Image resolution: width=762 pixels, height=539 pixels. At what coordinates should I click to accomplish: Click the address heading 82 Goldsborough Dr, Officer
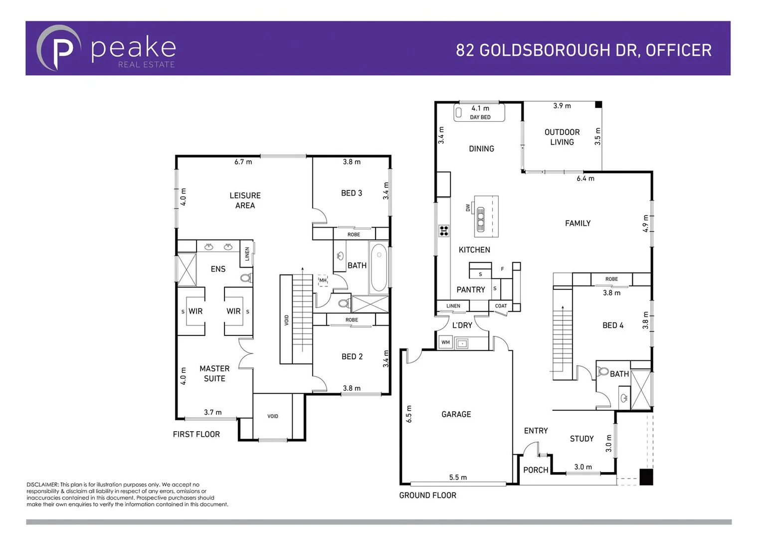point(583,50)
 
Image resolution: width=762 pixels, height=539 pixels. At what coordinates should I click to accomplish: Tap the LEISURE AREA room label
point(245,200)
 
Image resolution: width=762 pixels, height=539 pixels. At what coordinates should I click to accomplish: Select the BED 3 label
point(352,193)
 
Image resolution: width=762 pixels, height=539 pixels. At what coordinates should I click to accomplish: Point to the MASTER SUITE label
point(214,373)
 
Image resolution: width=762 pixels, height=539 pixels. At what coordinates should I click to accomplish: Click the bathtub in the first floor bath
point(379,267)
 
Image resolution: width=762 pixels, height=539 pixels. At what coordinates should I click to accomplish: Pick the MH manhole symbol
point(323,280)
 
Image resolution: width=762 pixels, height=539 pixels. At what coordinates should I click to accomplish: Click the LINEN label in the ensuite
point(247,254)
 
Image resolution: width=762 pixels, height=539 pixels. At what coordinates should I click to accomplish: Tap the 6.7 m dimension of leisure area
point(243,162)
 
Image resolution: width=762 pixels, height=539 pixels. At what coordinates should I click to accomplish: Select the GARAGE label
point(456,414)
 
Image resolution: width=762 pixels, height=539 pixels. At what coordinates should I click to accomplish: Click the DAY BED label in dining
point(480,117)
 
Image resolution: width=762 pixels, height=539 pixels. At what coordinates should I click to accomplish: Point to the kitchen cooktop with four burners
point(444,231)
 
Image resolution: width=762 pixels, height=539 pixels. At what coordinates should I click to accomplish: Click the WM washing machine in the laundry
point(445,342)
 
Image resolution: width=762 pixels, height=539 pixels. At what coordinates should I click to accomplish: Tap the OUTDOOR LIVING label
point(562,137)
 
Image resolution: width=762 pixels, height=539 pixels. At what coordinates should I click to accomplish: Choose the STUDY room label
point(581,439)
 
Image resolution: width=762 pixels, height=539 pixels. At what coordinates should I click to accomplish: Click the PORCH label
point(536,470)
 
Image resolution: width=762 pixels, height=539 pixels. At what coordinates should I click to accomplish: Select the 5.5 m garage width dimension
point(458,478)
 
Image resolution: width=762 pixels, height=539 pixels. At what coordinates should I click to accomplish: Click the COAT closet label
point(501,306)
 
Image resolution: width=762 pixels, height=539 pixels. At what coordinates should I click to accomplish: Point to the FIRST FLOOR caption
point(196,434)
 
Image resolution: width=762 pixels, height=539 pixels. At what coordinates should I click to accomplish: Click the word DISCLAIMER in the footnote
point(42,485)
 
